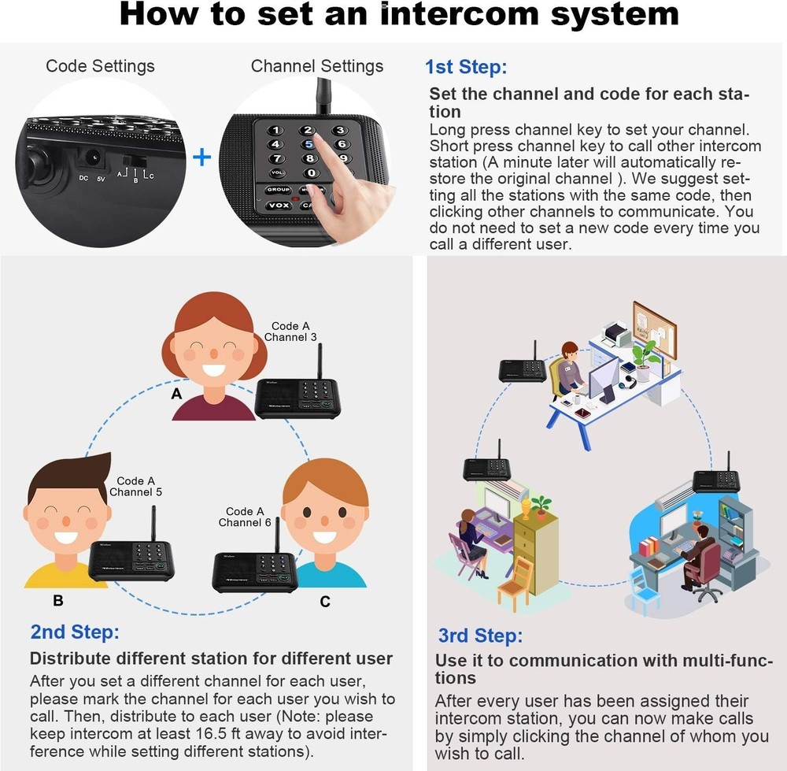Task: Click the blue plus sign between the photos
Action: tap(202, 158)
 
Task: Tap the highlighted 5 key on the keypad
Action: tap(309, 143)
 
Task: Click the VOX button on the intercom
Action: tap(277, 205)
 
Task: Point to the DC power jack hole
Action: tap(95, 158)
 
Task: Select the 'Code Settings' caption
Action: tap(100, 66)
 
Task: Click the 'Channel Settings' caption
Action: tap(317, 66)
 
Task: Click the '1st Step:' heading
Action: tap(466, 67)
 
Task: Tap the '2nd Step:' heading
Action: tap(75, 632)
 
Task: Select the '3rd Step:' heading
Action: tap(480, 636)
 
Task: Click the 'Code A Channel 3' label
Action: tap(290, 332)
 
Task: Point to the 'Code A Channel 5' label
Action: tap(135, 487)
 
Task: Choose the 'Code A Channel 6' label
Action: tap(245, 517)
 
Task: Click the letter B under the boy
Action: tap(57, 600)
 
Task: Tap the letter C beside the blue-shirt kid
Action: tap(325, 602)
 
